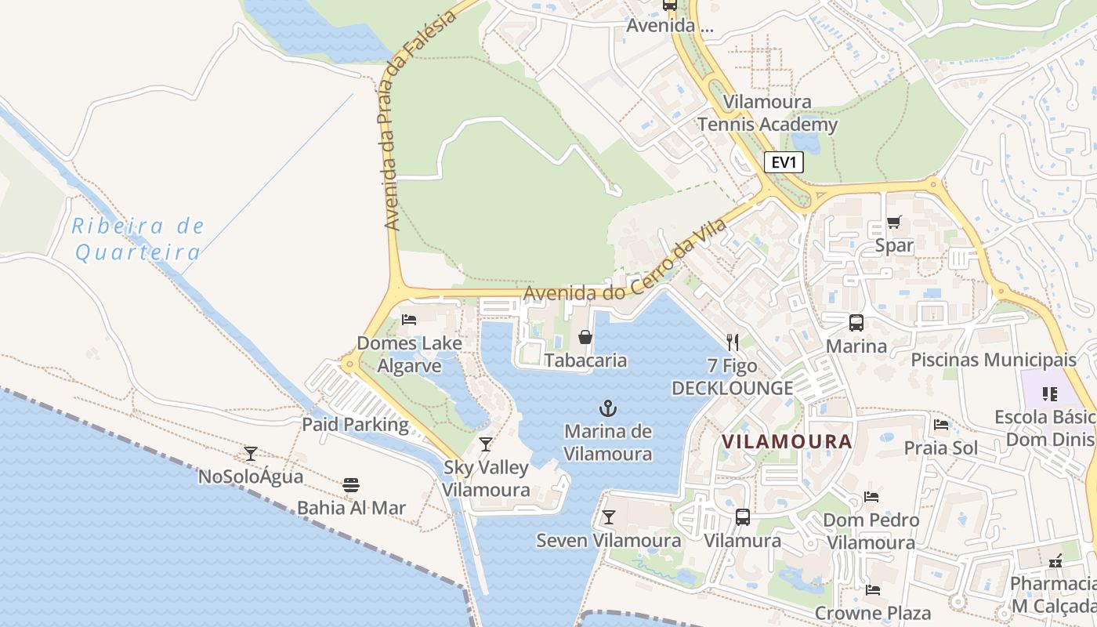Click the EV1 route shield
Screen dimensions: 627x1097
[x=784, y=162]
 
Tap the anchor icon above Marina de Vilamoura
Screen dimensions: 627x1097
[x=608, y=408]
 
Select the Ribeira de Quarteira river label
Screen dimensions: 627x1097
[x=138, y=239]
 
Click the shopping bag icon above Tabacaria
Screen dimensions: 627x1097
[x=585, y=337]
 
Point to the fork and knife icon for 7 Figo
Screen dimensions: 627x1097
[x=733, y=342]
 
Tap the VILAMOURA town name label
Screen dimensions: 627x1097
[x=786, y=441]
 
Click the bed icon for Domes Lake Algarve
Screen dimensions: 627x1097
[x=408, y=319]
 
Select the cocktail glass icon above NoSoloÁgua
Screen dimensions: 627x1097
[x=251, y=453]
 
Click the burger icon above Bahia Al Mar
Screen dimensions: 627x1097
[x=350, y=484]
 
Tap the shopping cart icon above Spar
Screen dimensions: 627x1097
[x=893, y=222]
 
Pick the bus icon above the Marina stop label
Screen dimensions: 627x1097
[x=856, y=322]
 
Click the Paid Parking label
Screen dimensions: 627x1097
[x=356, y=425]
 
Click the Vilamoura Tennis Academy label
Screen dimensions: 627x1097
[x=767, y=113]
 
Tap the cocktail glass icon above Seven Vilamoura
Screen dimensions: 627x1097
[x=608, y=517]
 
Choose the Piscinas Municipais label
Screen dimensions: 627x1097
[x=993, y=360]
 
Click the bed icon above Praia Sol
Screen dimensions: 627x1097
[x=941, y=425]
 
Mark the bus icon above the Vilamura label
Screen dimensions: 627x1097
[x=742, y=517]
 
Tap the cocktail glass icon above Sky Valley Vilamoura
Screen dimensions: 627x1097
[x=486, y=444]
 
